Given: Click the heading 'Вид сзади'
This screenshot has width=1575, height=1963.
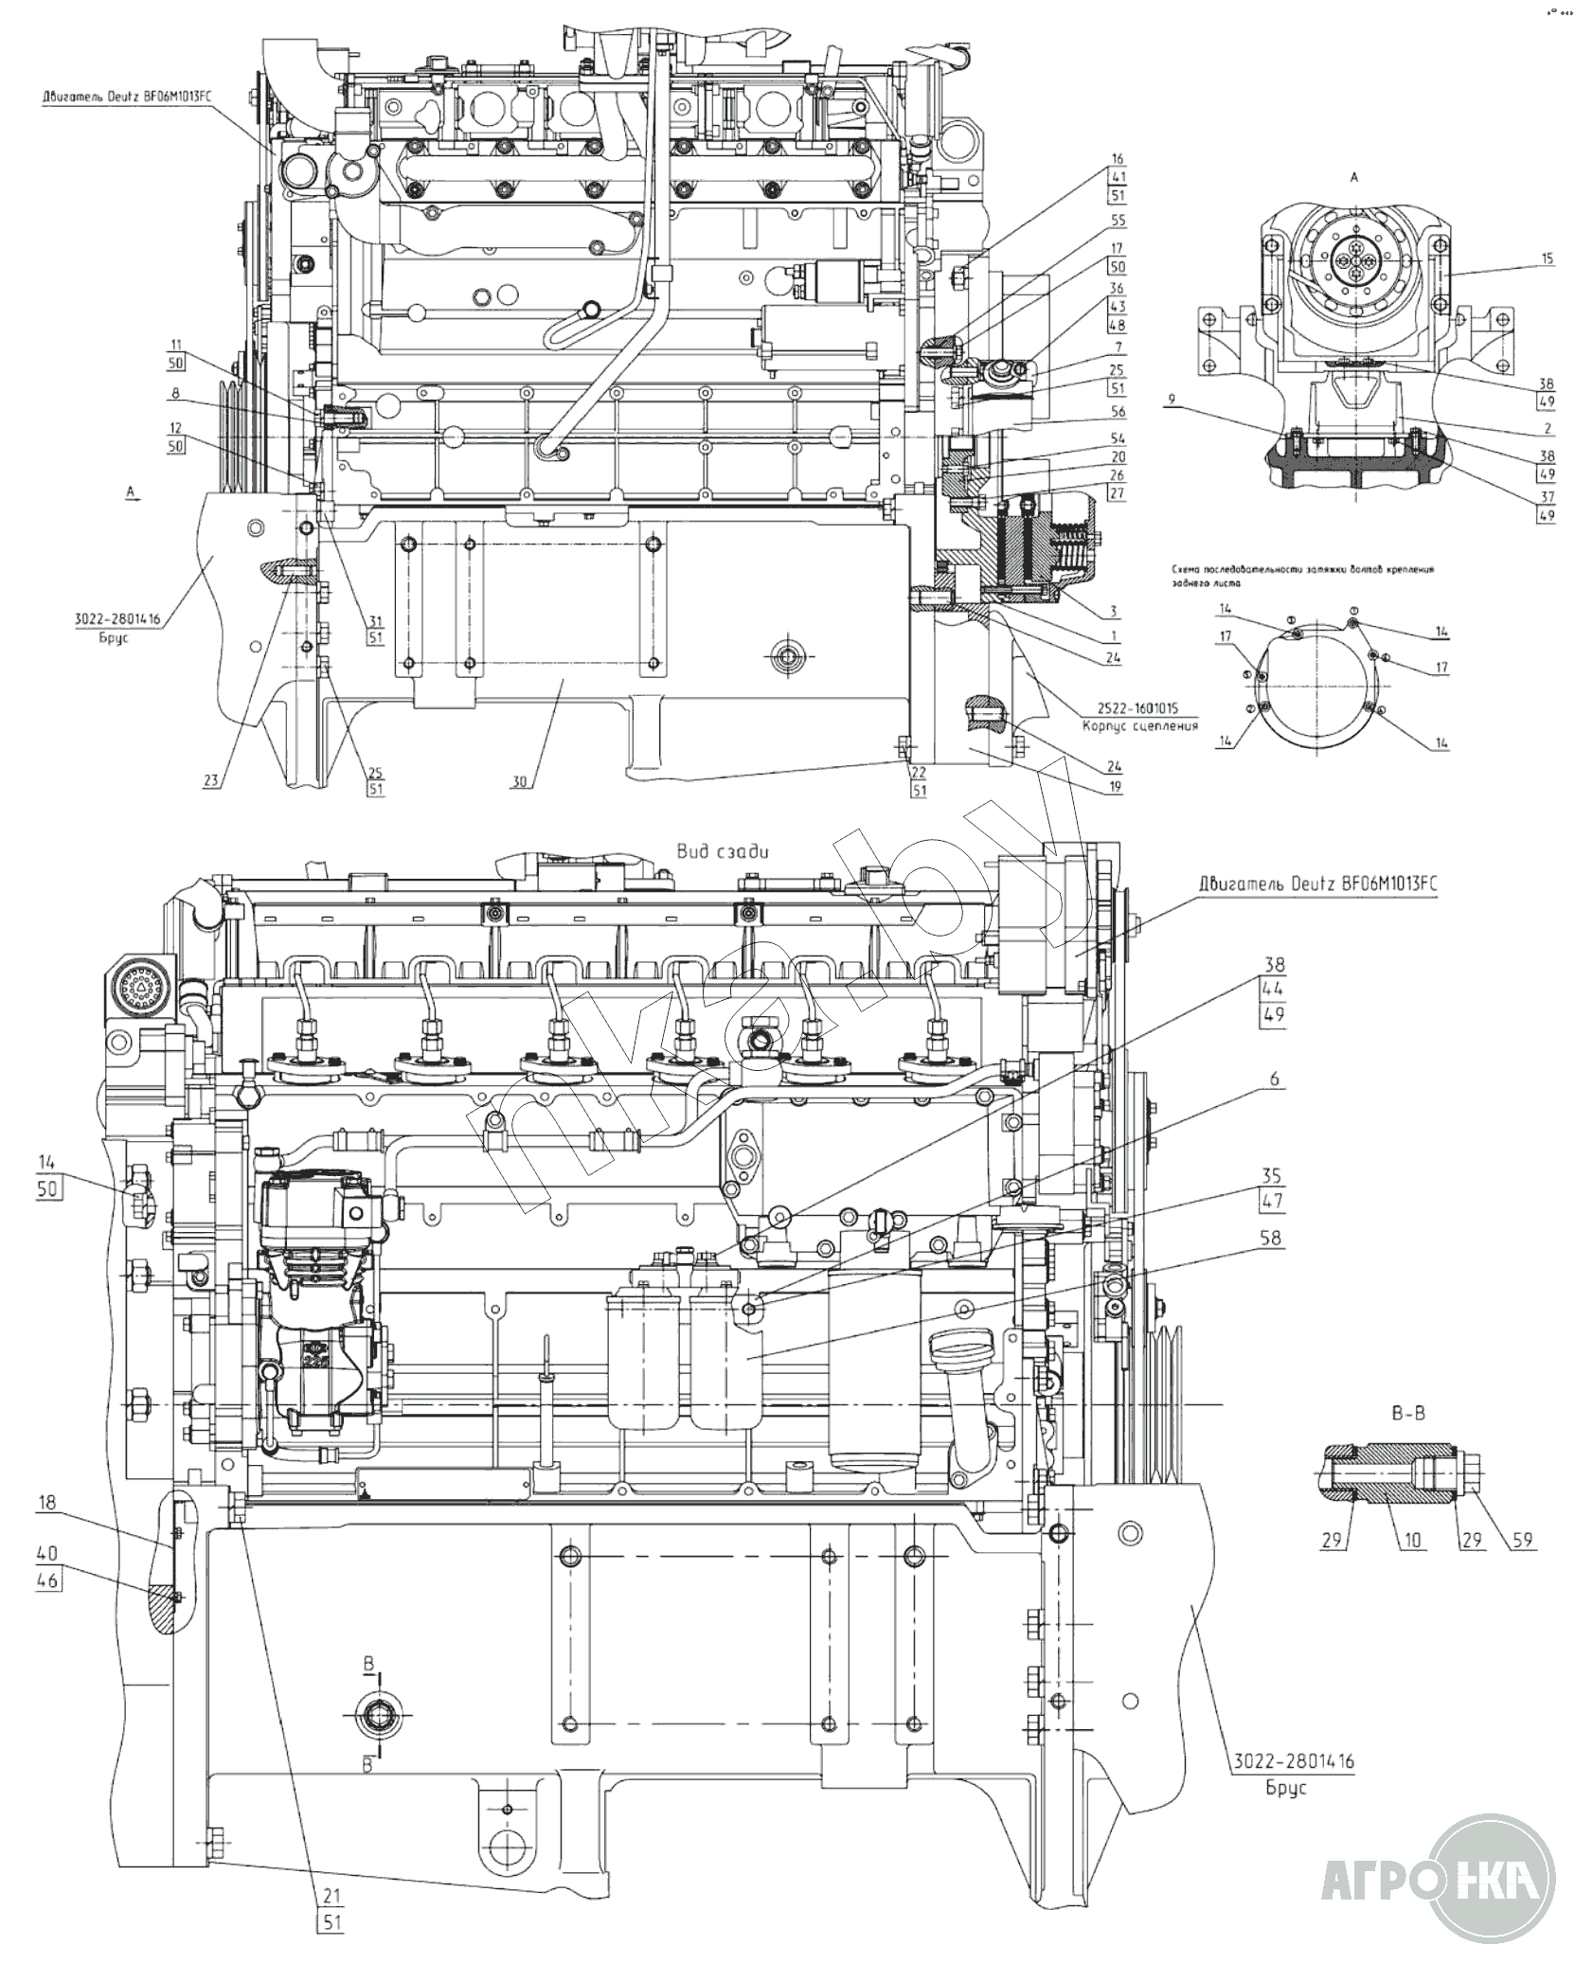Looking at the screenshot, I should (x=723, y=850).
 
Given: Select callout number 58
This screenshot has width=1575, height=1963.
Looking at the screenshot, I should (x=1271, y=1238).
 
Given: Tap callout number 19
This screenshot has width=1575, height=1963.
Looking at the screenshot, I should (x=1116, y=788).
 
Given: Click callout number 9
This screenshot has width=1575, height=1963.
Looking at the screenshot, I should (x=1172, y=400).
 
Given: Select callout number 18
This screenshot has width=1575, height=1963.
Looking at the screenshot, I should (x=47, y=1529).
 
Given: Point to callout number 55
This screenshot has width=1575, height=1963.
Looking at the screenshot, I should (x=1118, y=220).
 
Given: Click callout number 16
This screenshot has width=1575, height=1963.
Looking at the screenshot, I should (x=1118, y=159).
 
